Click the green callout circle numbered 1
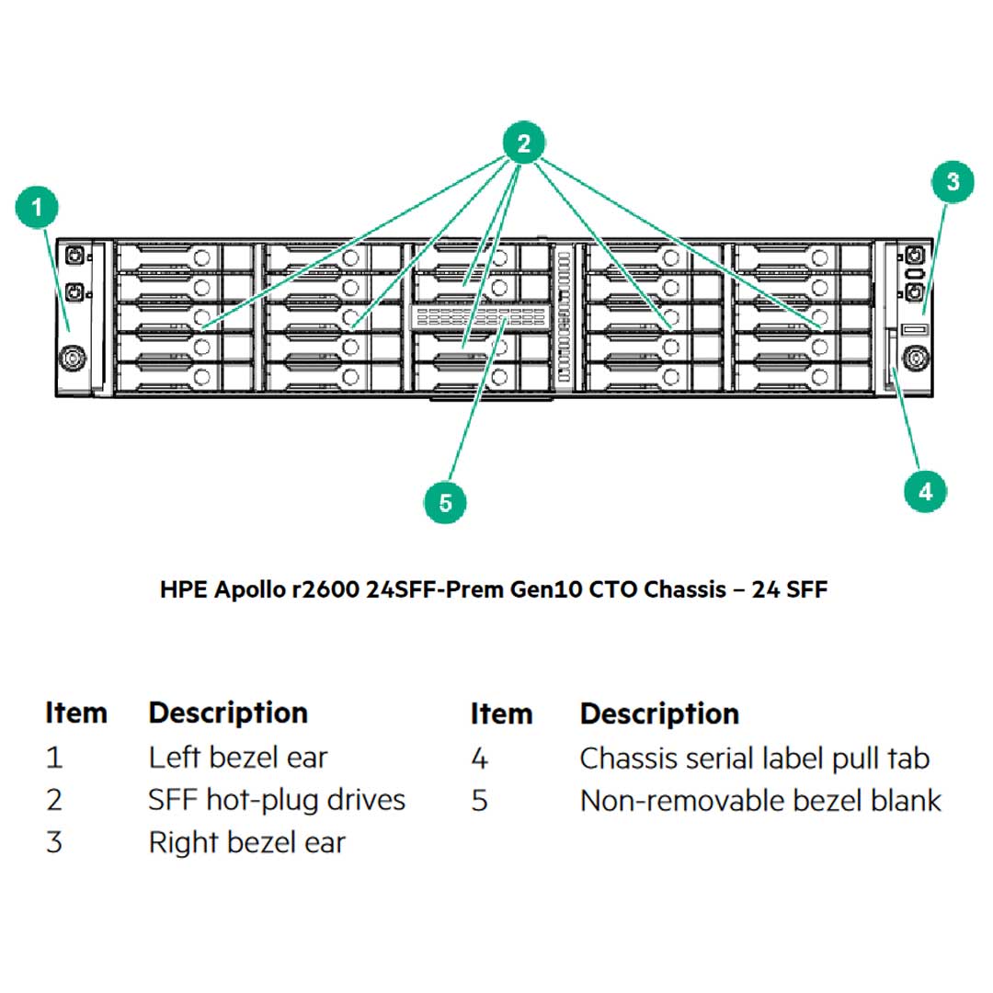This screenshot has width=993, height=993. (x=38, y=207)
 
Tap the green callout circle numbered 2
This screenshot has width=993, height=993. (x=523, y=143)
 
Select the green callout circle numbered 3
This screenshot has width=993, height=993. (x=953, y=181)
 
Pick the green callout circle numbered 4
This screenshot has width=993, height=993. (x=925, y=491)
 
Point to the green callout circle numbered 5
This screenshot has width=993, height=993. (x=446, y=503)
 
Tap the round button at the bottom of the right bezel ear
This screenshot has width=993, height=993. (x=914, y=358)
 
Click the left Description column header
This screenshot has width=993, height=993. (x=228, y=713)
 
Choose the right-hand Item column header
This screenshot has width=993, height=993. (x=501, y=713)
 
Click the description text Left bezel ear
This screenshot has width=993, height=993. (x=238, y=758)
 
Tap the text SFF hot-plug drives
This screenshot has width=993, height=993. (x=277, y=800)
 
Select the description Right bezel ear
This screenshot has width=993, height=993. (x=247, y=842)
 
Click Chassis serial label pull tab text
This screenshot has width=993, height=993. (x=754, y=759)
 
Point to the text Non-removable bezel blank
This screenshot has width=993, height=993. (x=760, y=801)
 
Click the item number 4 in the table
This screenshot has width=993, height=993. (x=479, y=759)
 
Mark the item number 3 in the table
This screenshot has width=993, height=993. (x=54, y=842)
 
